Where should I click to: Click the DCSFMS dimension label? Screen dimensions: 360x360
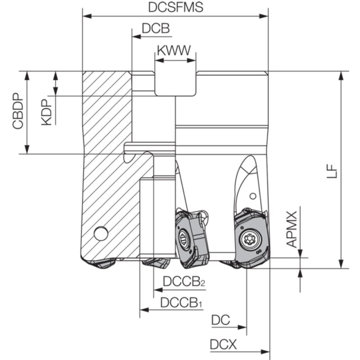click(x=175, y=7)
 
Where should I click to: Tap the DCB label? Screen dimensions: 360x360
click(x=156, y=28)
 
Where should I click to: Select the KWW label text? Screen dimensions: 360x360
click(x=174, y=50)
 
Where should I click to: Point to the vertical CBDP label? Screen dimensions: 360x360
click(x=18, y=111)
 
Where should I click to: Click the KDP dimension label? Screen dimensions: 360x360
click(x=46, y=112)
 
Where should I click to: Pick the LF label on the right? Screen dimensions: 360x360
click(x=332, y=171)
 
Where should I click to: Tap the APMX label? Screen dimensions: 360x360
click(x=292, y=229)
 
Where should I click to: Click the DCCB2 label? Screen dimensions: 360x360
click(x=184, y=281)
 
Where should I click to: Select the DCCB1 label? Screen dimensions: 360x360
click(x=181, y=302)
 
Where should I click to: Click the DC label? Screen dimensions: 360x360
click(x=220, y=320)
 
